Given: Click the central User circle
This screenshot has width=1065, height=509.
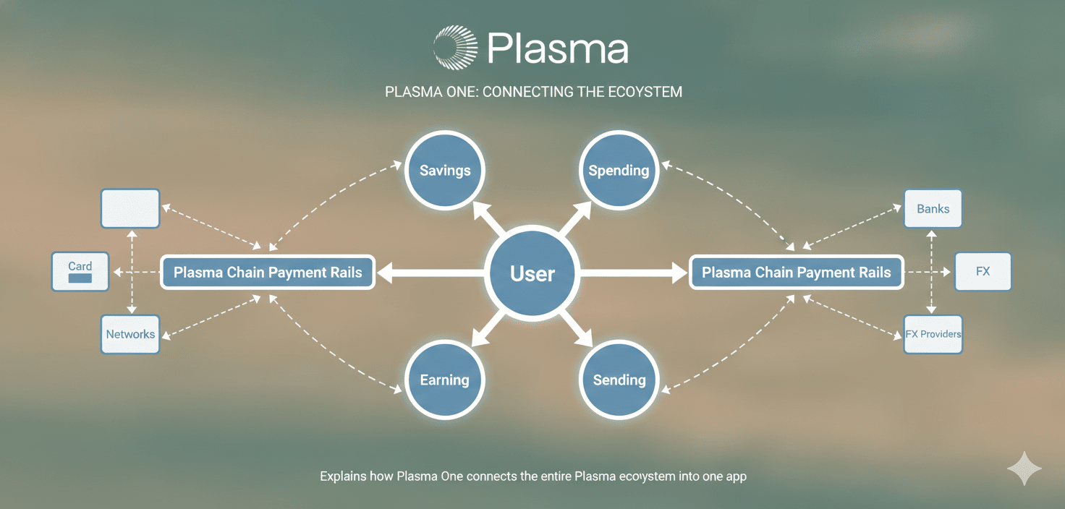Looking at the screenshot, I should tap(532, 273).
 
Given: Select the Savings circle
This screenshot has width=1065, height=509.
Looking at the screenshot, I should tap(444, 171).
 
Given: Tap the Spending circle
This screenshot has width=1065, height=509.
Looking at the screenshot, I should tap(619, 171).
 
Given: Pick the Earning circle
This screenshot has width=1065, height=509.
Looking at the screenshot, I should tap(444, 380).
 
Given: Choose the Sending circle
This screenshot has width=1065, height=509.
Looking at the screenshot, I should tap(619, 380).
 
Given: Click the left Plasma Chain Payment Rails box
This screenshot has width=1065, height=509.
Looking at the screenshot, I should tap(268, 273).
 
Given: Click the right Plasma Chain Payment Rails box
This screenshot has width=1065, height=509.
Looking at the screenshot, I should tap(796, 273).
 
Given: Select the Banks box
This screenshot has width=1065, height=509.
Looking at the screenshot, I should tap(933, 209).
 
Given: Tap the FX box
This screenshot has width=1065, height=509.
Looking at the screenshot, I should tap(983, 272).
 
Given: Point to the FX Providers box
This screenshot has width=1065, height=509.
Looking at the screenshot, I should tap(933, 334).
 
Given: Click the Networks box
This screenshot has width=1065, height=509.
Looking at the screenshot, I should tap(130, 334).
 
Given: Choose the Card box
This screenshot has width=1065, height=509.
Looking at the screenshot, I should tap(80, 272).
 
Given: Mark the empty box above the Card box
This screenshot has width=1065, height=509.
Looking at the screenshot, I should tap(130, 209).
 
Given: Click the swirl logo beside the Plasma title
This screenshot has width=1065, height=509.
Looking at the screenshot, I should tap(455, 48).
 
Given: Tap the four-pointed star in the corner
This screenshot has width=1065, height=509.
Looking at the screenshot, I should tap(1024, 469).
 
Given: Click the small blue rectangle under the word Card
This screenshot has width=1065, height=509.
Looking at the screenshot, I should tap(80, 278).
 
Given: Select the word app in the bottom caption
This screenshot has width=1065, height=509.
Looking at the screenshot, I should tap(737, 477).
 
